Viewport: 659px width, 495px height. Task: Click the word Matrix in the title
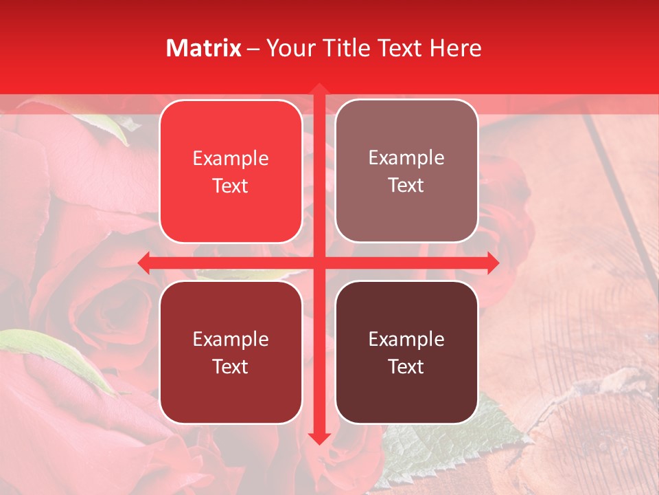click(204, 48)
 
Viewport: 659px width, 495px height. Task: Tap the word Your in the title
click(290, 48)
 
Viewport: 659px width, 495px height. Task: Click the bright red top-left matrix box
click(231, 206)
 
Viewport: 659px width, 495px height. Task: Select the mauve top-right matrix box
click(406, 206)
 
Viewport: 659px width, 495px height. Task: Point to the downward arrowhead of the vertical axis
click(319, 438)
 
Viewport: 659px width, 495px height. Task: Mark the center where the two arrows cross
click(319, 263)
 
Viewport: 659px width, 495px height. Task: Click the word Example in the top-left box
click(231, 159)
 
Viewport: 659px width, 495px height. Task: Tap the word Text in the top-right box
click(406, 186)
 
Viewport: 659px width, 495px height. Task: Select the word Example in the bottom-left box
click(231, 340)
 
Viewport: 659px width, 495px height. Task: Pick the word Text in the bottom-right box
click(406, 366)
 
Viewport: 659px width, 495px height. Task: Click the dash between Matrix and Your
click(253, 49)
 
